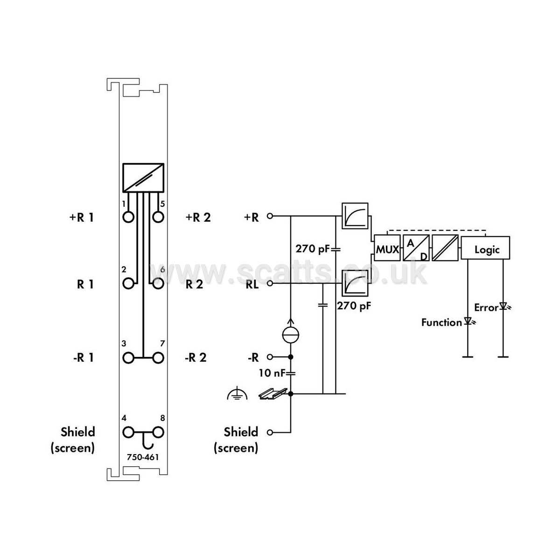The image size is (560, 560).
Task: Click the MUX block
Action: [x=387, y=248]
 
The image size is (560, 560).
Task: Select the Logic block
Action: [x=486, y=248]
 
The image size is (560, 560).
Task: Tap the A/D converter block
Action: [x=416, y=248]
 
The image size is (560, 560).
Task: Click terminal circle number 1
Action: [x=128, y=217]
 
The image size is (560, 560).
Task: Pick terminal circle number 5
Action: [x=158, y=217]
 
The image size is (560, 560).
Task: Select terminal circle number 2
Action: [x=128, y=283]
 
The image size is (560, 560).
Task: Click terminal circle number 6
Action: [x=158, y=283]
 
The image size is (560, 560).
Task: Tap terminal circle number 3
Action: [x=128, y=358]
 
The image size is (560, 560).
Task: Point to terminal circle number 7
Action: [x=158, y=358]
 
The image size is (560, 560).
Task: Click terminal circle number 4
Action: [x=128, y=433]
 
